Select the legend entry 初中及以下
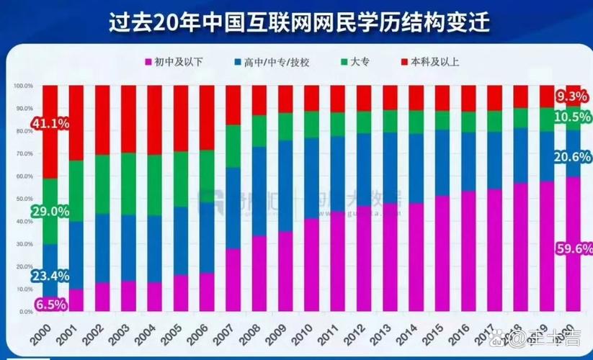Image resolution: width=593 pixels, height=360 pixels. pos(174,63)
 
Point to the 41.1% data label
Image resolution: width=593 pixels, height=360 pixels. pos(50,124)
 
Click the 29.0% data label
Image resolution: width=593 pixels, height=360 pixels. pos(50,212)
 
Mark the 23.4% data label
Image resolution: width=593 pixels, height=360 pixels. pos(50,274)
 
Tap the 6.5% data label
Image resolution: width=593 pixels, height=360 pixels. pos(50,304)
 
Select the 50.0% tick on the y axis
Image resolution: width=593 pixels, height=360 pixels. pos(23,199)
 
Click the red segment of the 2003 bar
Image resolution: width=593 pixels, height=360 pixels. pos(128,119)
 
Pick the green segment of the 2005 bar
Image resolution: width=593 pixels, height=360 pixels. pos(181,179)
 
